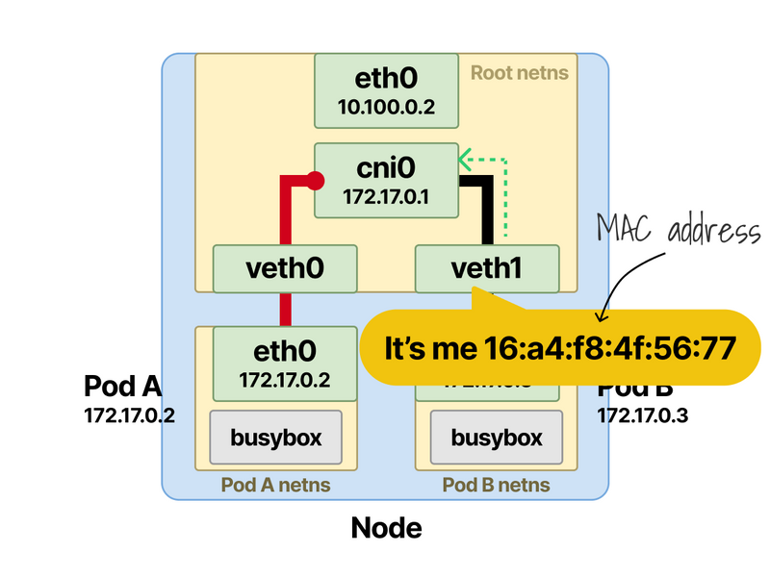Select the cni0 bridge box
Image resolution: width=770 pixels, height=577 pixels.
coord(386,180)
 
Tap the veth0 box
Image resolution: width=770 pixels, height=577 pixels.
coord(285,268)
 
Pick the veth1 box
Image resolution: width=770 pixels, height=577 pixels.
coord(486,268)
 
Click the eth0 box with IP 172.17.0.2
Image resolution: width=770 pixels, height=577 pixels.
coord(285,363)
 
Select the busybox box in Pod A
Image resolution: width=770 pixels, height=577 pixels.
coord(276,438)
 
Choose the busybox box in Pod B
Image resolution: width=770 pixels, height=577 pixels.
coord(496,439)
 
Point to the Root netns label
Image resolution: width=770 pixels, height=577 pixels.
coord(519,72)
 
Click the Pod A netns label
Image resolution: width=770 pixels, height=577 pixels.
coord(276,485)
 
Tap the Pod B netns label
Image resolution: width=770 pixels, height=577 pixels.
coord(496,485)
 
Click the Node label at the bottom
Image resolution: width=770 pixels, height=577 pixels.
coord(386,527)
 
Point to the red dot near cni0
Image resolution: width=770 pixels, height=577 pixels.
coord(314,178)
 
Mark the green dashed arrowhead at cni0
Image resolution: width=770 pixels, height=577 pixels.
coord(464,158)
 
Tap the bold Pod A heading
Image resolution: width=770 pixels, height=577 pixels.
coord(122,387)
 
